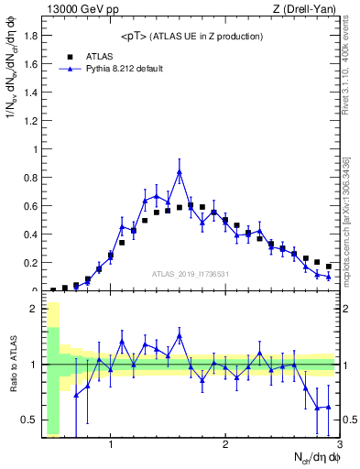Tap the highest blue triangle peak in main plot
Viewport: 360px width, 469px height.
coord(180,171)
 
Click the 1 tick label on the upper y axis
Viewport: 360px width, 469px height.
coord(34,149)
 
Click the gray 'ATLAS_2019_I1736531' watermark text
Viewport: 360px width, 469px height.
coord(190,274)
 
